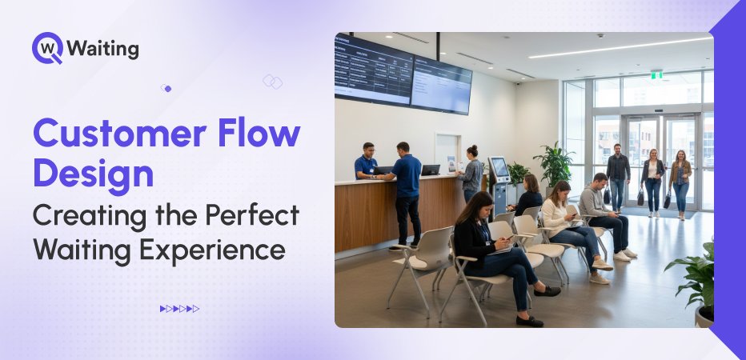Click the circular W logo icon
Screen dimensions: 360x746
pyautogui.click(x=46, y=48)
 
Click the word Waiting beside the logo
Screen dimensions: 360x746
pyautogui.click(x=103, y=49)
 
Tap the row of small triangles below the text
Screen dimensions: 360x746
pyautogui.click(x=179, y=308)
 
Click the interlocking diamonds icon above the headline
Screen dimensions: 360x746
pyautogui.click(x=272, y=82)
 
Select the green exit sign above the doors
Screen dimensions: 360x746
pyautogui.click(x=656, y=74)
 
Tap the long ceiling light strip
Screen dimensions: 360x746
pyautogui.click(x=619, y=47)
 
